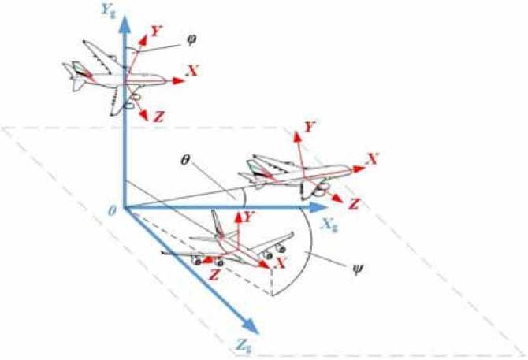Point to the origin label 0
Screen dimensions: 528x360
pyautogui.click(x=113, y=206)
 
